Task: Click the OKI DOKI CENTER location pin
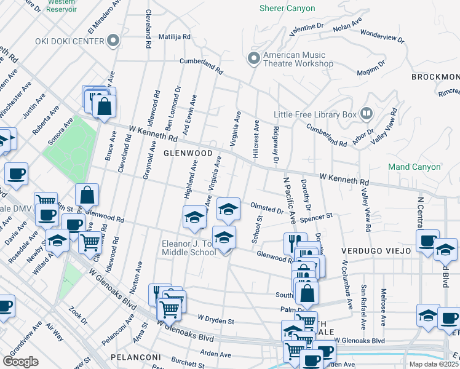(x=113, y=41)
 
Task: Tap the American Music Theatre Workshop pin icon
(x=253, y=59)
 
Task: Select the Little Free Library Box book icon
(x=367, y=114)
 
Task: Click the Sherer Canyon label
(x=287, y=9)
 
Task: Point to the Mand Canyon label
(x=414, y=167)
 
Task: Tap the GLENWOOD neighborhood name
(x=188, y=153)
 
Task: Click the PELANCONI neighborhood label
(x=127, y=357)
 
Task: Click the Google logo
(x=21, y=361)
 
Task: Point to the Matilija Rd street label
(x=174, y=37)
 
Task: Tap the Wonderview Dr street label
(x=382, y=36)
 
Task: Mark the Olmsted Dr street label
(x=266, y=207)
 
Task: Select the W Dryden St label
(x=216, y=320)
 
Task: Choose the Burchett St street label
(x=188, y=363)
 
